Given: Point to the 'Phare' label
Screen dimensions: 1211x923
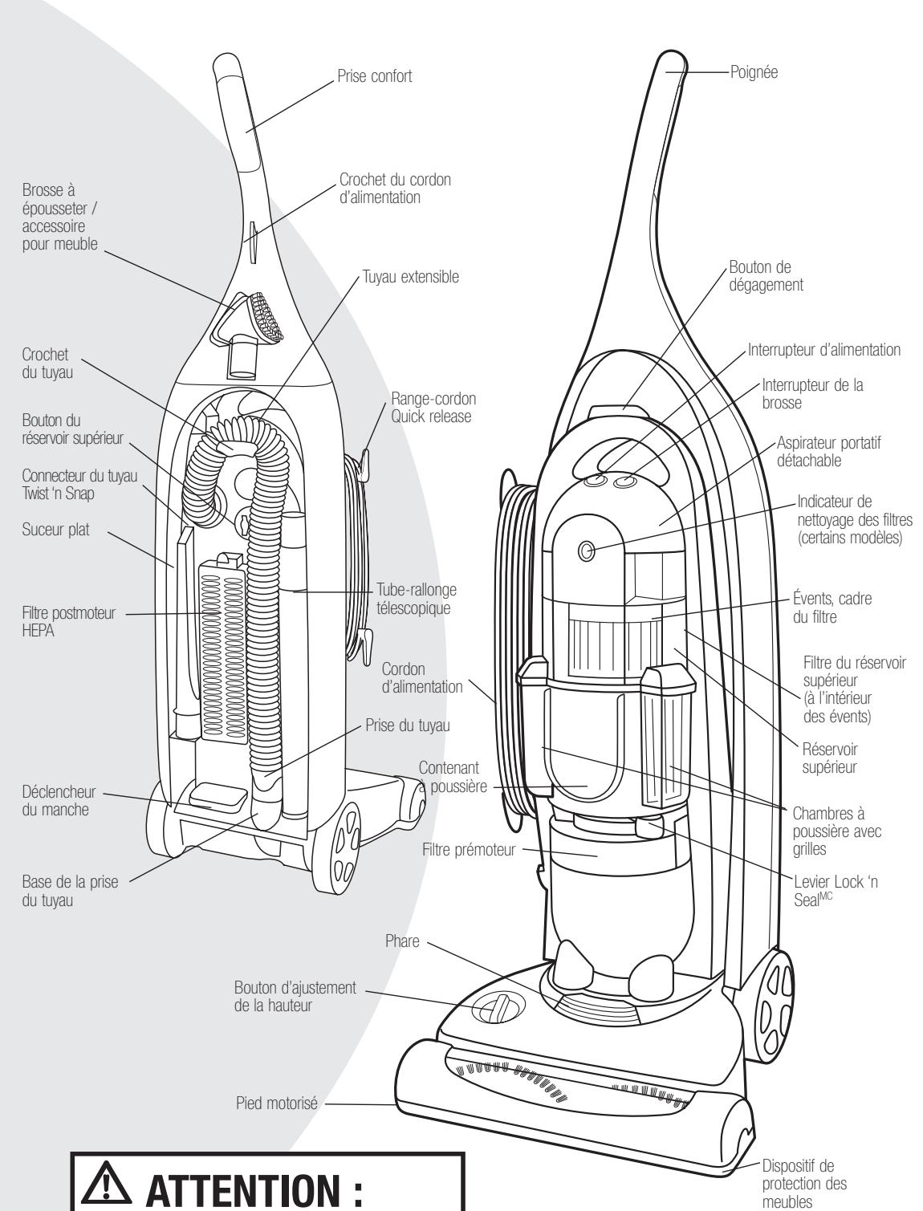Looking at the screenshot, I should [402, 941].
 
